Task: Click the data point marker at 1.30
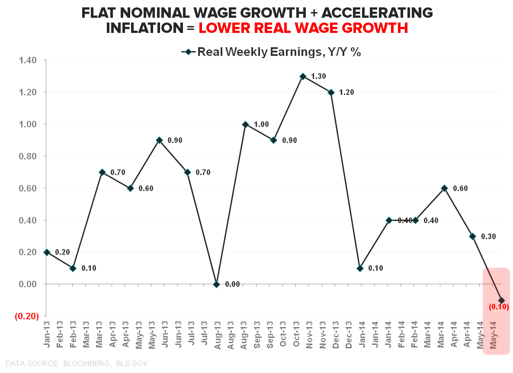click(303, 76)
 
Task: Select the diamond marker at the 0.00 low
click(216, 284)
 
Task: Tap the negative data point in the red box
click(501, 300)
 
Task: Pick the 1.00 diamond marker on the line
click(245, 124)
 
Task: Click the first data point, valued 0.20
click(47, 252)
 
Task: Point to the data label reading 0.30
click(488, 237)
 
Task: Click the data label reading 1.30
click(318, 76)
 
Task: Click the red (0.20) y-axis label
click(27, 316)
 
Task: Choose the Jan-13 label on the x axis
click(48, 334)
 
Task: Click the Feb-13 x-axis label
click(61, 334)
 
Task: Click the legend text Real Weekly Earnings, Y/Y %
click(279, 52)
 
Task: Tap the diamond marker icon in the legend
click(189, 52)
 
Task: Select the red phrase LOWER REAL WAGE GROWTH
click(303, 28)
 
